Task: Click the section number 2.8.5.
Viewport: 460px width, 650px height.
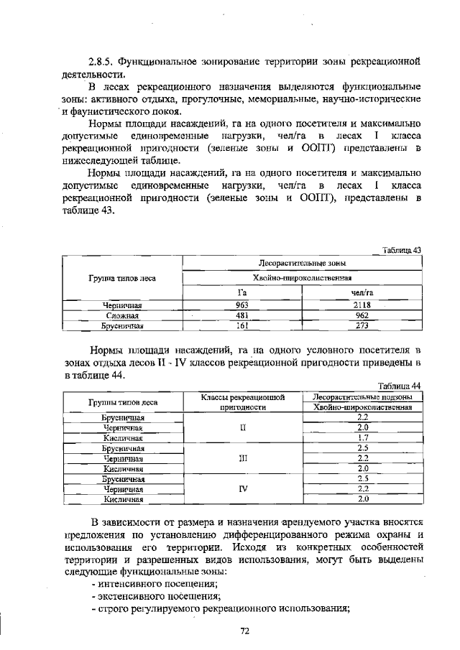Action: pos(101,61)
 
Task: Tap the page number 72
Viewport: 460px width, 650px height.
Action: pos(244,631)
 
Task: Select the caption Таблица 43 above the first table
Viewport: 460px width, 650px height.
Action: pos(401,250)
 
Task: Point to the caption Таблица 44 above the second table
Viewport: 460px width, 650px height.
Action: pos(400,385)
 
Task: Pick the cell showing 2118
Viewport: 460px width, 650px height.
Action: pos(361,305)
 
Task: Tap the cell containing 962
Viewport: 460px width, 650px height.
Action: pos(361,315)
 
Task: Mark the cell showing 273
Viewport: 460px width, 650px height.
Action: pos(361,325)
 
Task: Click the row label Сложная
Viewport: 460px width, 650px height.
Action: pos(122,315)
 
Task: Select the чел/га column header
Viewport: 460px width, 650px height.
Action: pos(361,292)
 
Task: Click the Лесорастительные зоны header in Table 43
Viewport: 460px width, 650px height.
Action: pos(302,264)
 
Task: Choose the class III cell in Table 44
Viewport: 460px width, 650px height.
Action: pos(244,458)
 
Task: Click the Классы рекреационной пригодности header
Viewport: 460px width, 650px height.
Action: pos(244,401)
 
